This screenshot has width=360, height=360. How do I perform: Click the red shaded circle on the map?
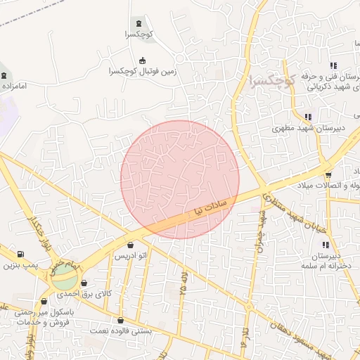[180, 179]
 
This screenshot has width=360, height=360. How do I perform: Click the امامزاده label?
[13, 86]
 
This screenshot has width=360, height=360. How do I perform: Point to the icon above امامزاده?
[5, 75]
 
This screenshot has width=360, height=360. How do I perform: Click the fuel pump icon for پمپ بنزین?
[20, 254]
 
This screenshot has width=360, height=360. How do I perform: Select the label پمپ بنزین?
[19, 266]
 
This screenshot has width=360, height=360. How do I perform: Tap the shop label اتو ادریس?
[131, 256]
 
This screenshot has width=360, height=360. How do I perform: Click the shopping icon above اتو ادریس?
[131, 245]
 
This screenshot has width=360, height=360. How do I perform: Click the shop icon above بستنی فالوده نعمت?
[121, 320]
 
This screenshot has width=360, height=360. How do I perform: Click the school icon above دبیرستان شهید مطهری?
[307, 117]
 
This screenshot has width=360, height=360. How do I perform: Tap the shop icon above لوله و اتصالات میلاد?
[328, 174]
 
